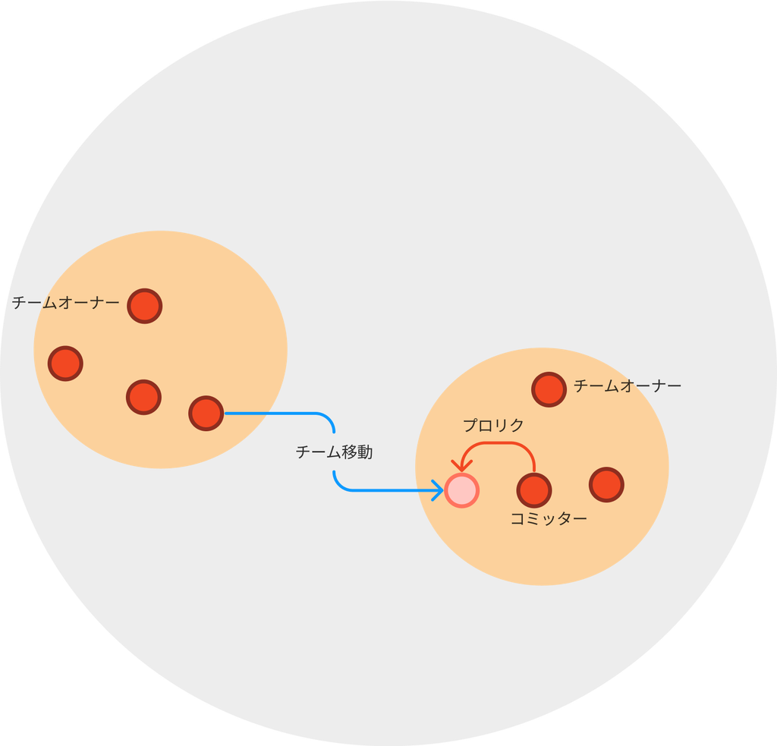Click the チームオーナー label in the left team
pyautogui.click(x=65, y=303)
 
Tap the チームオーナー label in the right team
pyautogui.click(x=627, y=386)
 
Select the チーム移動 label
pyautogui.click(x=334, y=452)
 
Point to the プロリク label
pyautogui.click(x=494, y=426)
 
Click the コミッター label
pyautogui.click(x=549, y=519)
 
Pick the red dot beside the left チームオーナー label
pyautogui.click(x=144, y=306)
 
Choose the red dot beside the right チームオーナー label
pyautogui.click(x=549, y=389)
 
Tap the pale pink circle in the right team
pyautogui.click(x=461, y=490)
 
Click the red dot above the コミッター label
pyautogui.click(x=533, y=489)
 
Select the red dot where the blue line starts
pyautogui.click(x=206, y=414)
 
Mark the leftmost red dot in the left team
pyautogui.click(x=65, y=363)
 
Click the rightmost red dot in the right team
pyautogui.click(x=606, y=484)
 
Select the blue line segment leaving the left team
pyautogui.click(x=273, y=414)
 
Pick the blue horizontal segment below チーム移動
pyautogui.click(x=387, y=490)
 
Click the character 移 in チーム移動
pyautogui.click(x=345, y=452)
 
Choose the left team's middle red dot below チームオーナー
pyautogui.click(x=143, y=396)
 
